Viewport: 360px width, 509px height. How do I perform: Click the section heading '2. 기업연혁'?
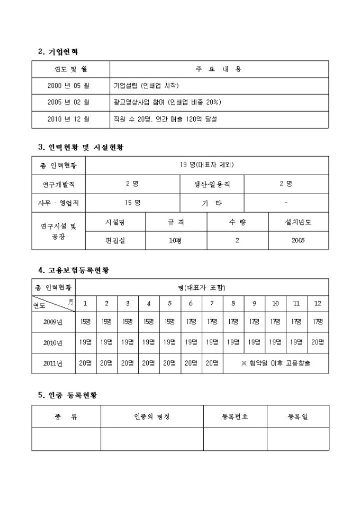[58, 52]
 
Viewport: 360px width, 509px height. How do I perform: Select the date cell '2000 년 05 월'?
[68, 86]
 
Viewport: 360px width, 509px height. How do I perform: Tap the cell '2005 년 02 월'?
[68, 102]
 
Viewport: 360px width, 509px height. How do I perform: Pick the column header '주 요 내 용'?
[219, 69]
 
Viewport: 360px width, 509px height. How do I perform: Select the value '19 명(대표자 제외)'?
[206, 165]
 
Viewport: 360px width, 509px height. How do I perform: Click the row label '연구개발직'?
[58, 184]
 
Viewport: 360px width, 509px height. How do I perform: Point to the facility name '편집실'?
[115, 240]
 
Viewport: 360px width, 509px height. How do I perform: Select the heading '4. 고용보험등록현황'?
[77, 270]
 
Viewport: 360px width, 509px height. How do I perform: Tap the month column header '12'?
[318, 304]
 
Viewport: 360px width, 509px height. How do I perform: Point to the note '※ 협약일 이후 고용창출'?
[275, 363]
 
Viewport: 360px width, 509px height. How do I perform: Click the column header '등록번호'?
[235, 416]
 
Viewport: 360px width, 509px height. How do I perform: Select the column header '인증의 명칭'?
[152, 416]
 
